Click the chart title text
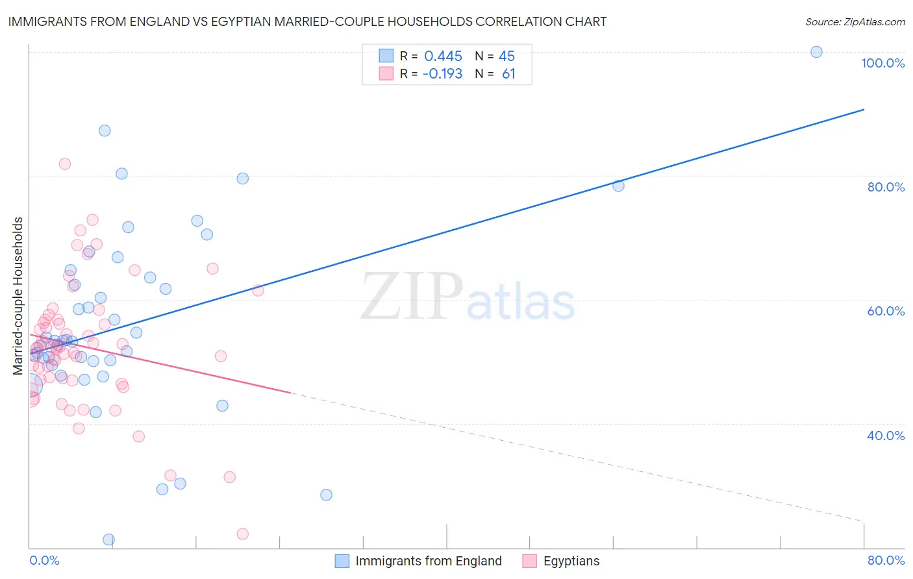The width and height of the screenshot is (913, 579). tap(307, 21)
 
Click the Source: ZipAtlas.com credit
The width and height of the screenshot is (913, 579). tap(855, 21)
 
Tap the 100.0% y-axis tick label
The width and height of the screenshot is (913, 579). tap(882, 63)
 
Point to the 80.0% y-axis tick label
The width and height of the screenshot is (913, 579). tap(886, 187)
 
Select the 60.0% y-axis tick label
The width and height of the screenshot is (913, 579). tap(886, 311)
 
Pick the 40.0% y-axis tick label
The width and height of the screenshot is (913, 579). tap(886, 436)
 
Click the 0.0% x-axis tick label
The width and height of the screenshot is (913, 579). tap(44, 560)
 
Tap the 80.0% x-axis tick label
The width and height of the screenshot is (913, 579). tap(886, 560)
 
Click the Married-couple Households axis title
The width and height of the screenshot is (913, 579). tap(18, 296)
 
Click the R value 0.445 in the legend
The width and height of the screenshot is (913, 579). tap(443, 56)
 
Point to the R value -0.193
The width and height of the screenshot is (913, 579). tap(442, 74)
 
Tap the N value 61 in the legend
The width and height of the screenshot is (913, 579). tap(508, 74)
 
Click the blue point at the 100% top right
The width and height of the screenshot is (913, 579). tap(816, 52)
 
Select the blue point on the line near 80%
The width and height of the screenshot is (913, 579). tap(618, 186)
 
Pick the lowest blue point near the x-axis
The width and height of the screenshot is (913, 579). tap(108, 539)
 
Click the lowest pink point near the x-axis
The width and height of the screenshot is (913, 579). tap(242, 534)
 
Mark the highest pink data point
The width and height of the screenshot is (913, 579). tap(64, 164)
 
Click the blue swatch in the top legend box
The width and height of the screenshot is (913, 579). tap(386, 56)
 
